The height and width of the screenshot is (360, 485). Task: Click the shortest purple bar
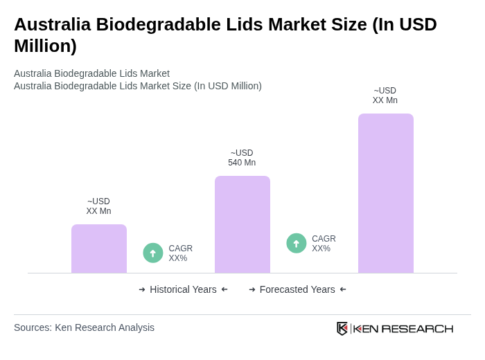tap(99, 249)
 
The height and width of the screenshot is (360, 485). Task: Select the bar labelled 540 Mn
tap(242, 224)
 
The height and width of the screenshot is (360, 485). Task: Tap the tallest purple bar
tap(386, 193)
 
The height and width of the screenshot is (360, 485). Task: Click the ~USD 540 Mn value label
tap(242, 158)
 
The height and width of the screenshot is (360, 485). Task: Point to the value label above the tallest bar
tap(385, 96)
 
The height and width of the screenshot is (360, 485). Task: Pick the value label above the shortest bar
tap(98, 206)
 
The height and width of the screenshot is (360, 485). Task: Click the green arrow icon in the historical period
tap(153, 253)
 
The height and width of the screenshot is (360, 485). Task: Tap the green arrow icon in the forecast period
tap(297, 244)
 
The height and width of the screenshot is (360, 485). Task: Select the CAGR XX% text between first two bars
tap(180, 253)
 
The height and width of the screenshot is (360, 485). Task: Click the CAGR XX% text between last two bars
tap(324, 244)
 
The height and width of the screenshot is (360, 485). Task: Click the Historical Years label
tap(183, 289)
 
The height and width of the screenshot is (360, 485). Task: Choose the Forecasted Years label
tap(297, 289)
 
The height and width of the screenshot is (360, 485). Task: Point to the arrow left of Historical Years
tap(142, 289)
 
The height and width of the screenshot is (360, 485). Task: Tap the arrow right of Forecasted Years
tap(343, 289)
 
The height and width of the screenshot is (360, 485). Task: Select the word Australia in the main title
tap(52, 24)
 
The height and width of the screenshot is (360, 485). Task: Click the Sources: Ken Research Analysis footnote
tap(84, 327)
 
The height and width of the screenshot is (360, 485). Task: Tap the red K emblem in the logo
tap(342, 328)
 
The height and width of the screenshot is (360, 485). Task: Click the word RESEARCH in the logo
tap(417, 328)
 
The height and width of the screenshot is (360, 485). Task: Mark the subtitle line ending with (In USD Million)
tap(138, 86)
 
